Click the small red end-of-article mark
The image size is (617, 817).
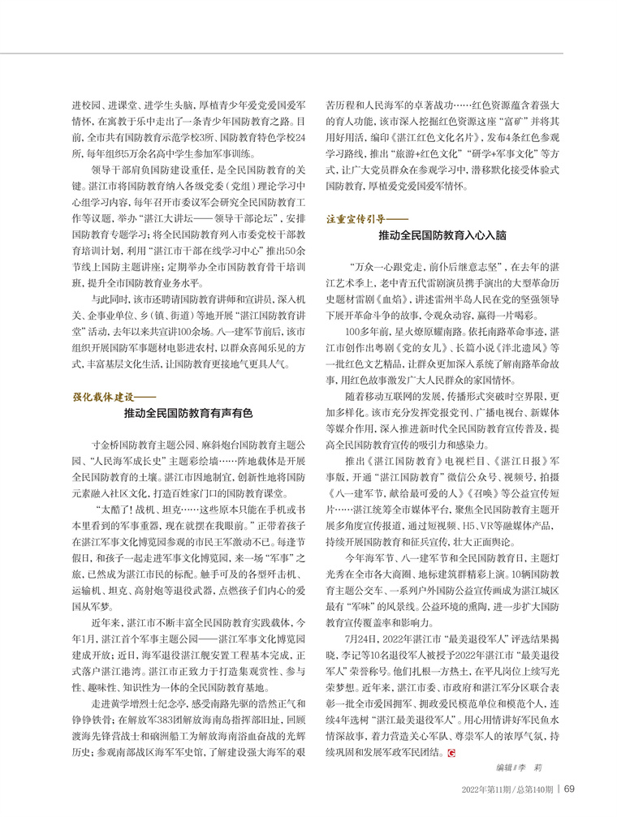tap(450, 753)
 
